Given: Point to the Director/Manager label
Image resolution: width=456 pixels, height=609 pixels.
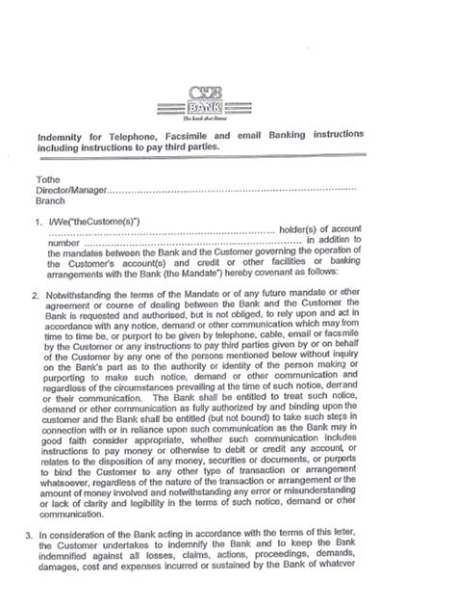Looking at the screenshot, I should click(x=70, y=191).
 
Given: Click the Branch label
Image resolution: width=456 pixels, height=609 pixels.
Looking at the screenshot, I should click(x=50, y=201).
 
